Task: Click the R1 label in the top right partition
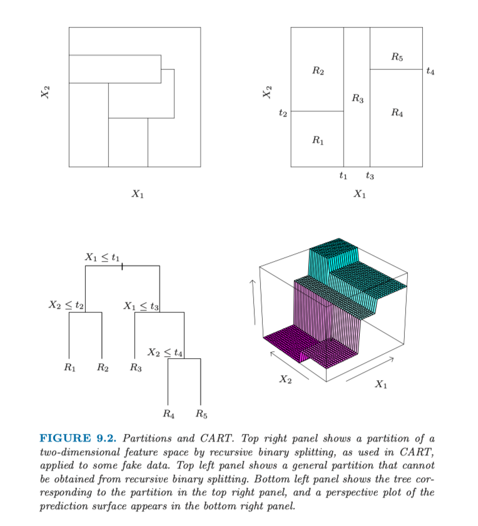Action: tap(318, 140)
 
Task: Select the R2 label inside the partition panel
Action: tap(318, 71)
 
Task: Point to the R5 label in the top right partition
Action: tap(397, 58)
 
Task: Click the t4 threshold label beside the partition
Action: tap(430, 71)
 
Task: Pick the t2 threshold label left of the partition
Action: tap(283, 113)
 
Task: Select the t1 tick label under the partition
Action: tap(343, 177)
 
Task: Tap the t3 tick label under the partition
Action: tap(370, 177)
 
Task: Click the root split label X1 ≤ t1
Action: tap(102, 257)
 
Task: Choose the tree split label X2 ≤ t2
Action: tap(66, 305)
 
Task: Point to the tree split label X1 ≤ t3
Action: tap(141, 306)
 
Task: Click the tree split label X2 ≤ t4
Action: tap(165, 353)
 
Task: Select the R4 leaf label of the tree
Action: tap(168, 414)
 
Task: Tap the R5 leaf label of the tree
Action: tap(201, 414)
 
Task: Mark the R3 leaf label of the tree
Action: tap(135, 368)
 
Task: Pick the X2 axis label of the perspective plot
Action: tap(285, 379)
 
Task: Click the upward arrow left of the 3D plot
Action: tap(255, 301)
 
